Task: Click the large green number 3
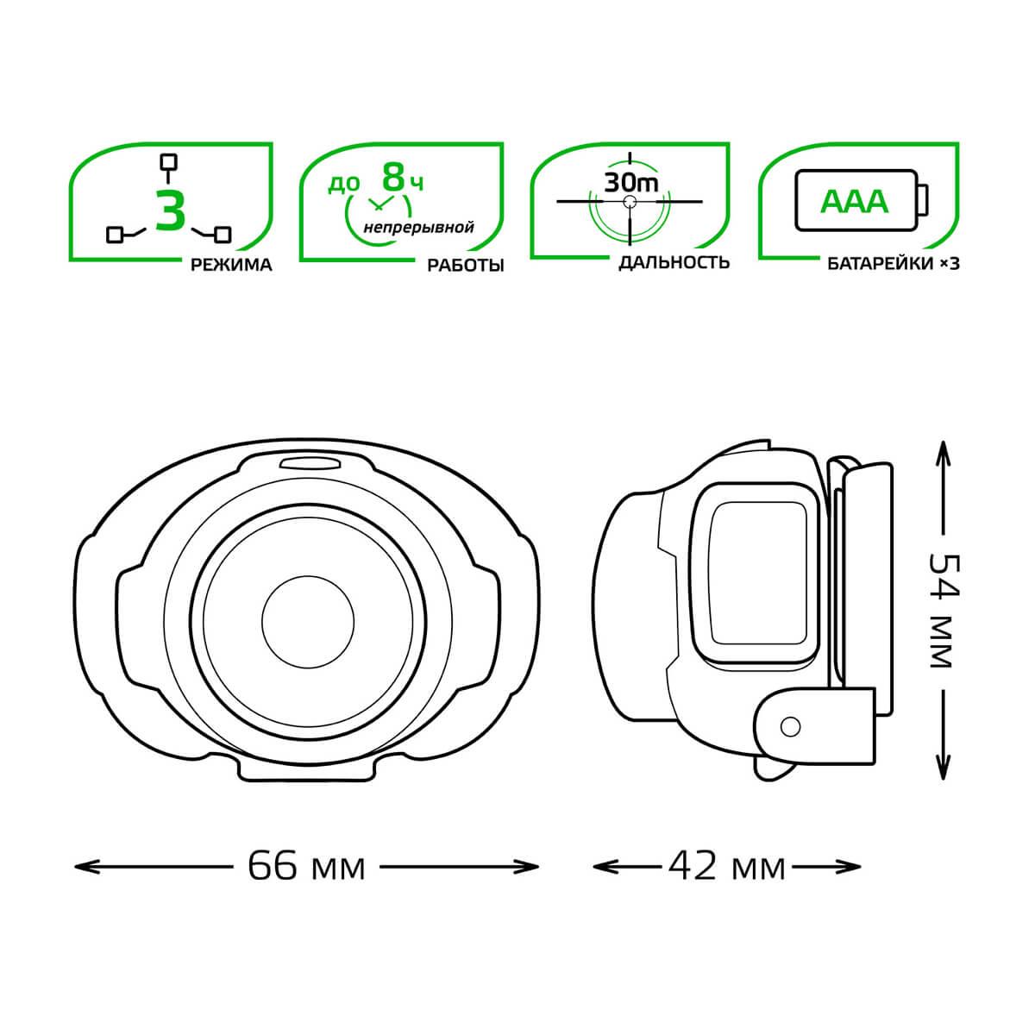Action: pyautogui.click(x=171, y=210)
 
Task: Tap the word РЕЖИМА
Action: pyautogui.click(x=231, y=265)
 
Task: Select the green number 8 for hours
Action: pyautogui.click(x=393, y=178)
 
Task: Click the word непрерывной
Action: pyautogui.click(x=418, y=228)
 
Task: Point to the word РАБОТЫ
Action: pyautogui.click(x=465, y=266)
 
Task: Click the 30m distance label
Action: pyautogui.click(x=630, y=183)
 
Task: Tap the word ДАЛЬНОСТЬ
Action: pyautogui.click(x=674, y=262)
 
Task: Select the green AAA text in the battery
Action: pyautogui.click(x=854, y=202)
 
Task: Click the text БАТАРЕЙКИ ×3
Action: pyautogui.click(x=894, y=264)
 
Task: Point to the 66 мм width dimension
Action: pyautogui.click(x=306, y=866)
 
